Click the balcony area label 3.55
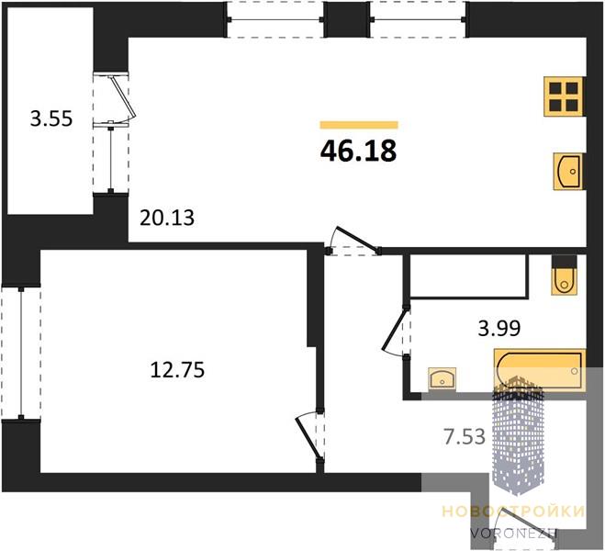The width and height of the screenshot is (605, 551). click(51, 118)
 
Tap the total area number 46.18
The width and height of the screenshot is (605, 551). click(358, 151)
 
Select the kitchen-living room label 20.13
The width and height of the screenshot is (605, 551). click(167, 218)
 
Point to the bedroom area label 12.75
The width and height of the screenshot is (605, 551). click(177, 369)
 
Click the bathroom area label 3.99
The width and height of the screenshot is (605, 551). click(499, 329)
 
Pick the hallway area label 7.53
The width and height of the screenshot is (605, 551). click(465, 437)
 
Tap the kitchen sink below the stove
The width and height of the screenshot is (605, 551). click(568, 172)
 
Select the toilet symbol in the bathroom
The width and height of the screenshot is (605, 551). click(565, 275)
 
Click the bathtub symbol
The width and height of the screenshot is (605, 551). click(540, 370)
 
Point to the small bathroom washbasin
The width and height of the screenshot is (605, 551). click(443, 377)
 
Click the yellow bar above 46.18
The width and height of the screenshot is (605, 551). click(359, 125)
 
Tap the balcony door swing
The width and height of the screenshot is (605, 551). click(121, 99)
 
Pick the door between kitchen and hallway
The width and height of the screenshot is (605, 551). click(353, 241)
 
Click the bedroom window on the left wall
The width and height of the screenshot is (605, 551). click(21, 353)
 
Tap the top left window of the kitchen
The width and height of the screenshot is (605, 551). click(275, 19)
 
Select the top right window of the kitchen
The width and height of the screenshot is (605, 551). click(418, 19)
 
